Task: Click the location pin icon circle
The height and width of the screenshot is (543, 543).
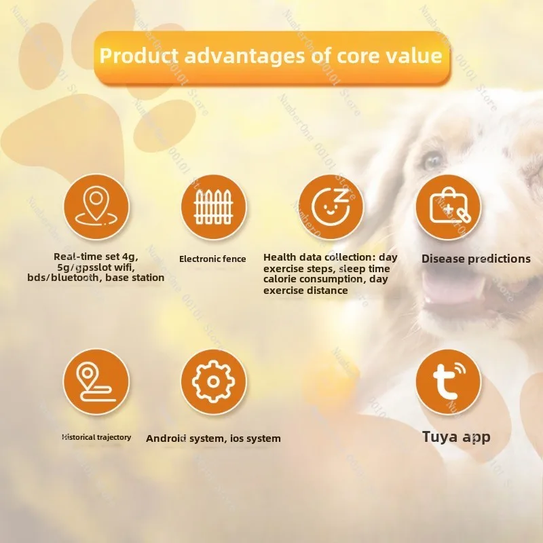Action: (96, 207)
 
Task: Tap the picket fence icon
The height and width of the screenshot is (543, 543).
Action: (214, 207)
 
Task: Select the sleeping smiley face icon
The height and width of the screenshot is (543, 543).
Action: (331, 207)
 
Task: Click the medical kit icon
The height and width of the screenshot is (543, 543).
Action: (449, 207)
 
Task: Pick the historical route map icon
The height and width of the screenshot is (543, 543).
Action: (96, 381)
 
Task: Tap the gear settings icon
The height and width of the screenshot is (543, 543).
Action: (214, 381)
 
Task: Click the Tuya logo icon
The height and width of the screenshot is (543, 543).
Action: (449, 381)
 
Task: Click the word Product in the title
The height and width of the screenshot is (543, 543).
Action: (139, 56)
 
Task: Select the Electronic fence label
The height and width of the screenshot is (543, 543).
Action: (212, 259)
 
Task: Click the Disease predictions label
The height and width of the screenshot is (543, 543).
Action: (476, 259)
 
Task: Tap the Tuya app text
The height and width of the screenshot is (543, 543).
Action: (456, 436)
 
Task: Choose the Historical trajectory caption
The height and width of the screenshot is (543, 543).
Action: (96, 437)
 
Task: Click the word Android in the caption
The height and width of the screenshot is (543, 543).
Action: (166, 438)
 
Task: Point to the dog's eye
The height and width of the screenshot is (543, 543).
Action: (433, 161)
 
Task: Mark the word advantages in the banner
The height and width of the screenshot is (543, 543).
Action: (244, 56)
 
